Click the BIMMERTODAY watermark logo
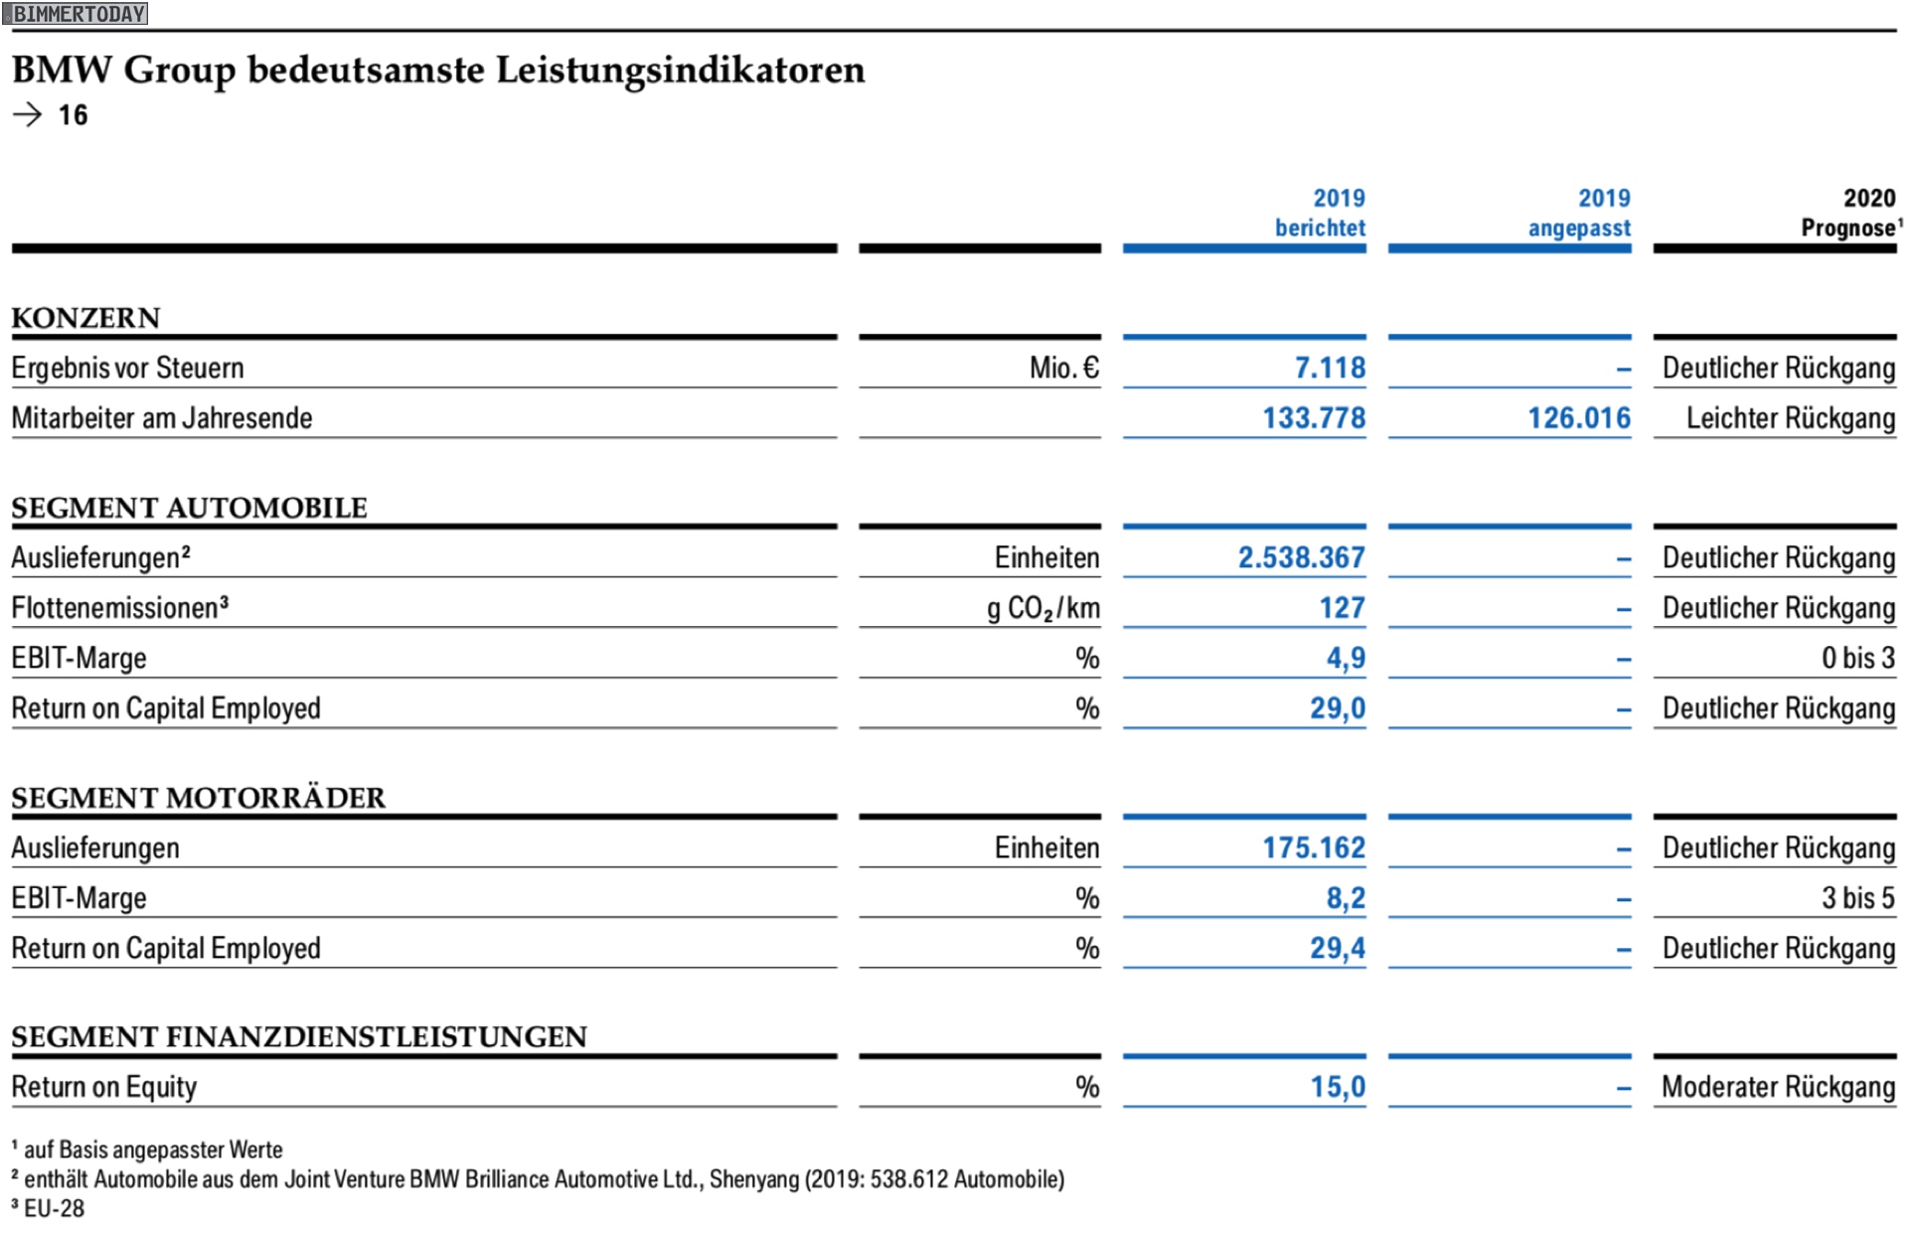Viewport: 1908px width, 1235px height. click(75, 14)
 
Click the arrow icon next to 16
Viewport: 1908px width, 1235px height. click(28, 115)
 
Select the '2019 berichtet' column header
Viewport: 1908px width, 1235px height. click(1320, 213)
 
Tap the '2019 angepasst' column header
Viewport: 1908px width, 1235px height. click(1579, 213)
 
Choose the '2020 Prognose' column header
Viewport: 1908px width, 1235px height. click(1850, 213)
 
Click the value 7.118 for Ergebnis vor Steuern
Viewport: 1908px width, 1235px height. click(1330, 368)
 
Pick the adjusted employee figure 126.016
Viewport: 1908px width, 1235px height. click(1579, 417)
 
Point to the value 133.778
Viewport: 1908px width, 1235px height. click(1314, 417)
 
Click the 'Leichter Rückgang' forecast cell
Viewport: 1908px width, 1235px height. click(1791, 418)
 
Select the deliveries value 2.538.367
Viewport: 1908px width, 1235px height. click(1301, 557)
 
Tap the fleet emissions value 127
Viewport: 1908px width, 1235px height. click(1342, 607)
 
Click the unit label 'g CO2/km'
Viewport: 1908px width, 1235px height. click(1043, 608)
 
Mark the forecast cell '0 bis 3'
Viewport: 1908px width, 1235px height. click(1858, 658)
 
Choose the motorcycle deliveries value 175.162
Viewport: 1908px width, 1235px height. click(1314, 848)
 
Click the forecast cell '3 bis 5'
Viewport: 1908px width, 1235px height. click(1858, 898)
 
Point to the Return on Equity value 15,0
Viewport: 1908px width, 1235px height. click(1338, 1087)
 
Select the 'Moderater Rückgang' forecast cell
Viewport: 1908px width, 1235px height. click(1779, 1088)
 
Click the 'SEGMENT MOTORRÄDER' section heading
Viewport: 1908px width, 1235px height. click(199, 797)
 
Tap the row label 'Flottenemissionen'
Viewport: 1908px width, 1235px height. click(119, 607)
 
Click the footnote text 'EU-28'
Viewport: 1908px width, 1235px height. click(55, 1208)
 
